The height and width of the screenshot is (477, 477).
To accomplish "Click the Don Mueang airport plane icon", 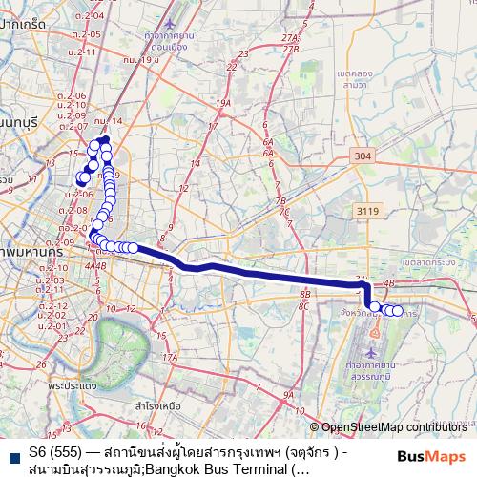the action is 171,21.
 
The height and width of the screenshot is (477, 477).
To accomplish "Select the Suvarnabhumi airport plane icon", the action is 378,334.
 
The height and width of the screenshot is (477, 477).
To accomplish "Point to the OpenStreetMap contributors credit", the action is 394,427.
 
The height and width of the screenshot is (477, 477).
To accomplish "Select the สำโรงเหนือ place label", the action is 158,405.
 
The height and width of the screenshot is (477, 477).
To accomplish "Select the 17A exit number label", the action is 170,357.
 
